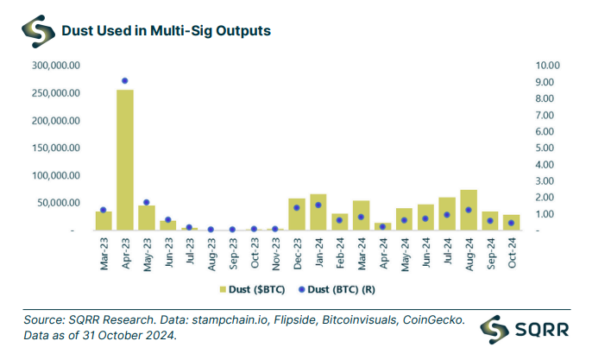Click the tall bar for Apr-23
tap(125, 160)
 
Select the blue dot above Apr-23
tap(125, 81)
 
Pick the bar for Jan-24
tap(318, 212)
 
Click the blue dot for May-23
tap(147, 203)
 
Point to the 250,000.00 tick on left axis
tap(56, 93)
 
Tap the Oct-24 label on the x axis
tap(513, 251)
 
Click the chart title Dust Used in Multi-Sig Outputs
tap(167, 30)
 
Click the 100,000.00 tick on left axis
tap(56, 176)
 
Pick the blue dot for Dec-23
tap(297, 207)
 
